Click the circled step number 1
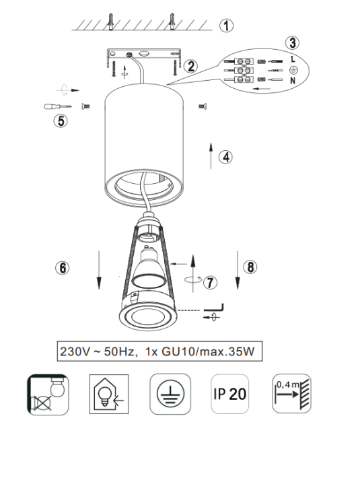tap(226, 26)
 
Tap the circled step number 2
tap(191, 66)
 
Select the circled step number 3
tap(293, 42)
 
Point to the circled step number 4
tap(225, 158)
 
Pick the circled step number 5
tap(61, 121)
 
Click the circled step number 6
tap(63, 268)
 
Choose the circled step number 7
tap(210, 282)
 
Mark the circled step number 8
tap(250, 267)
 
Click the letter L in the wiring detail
tap(293, 59)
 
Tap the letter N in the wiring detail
tap(293, 81)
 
